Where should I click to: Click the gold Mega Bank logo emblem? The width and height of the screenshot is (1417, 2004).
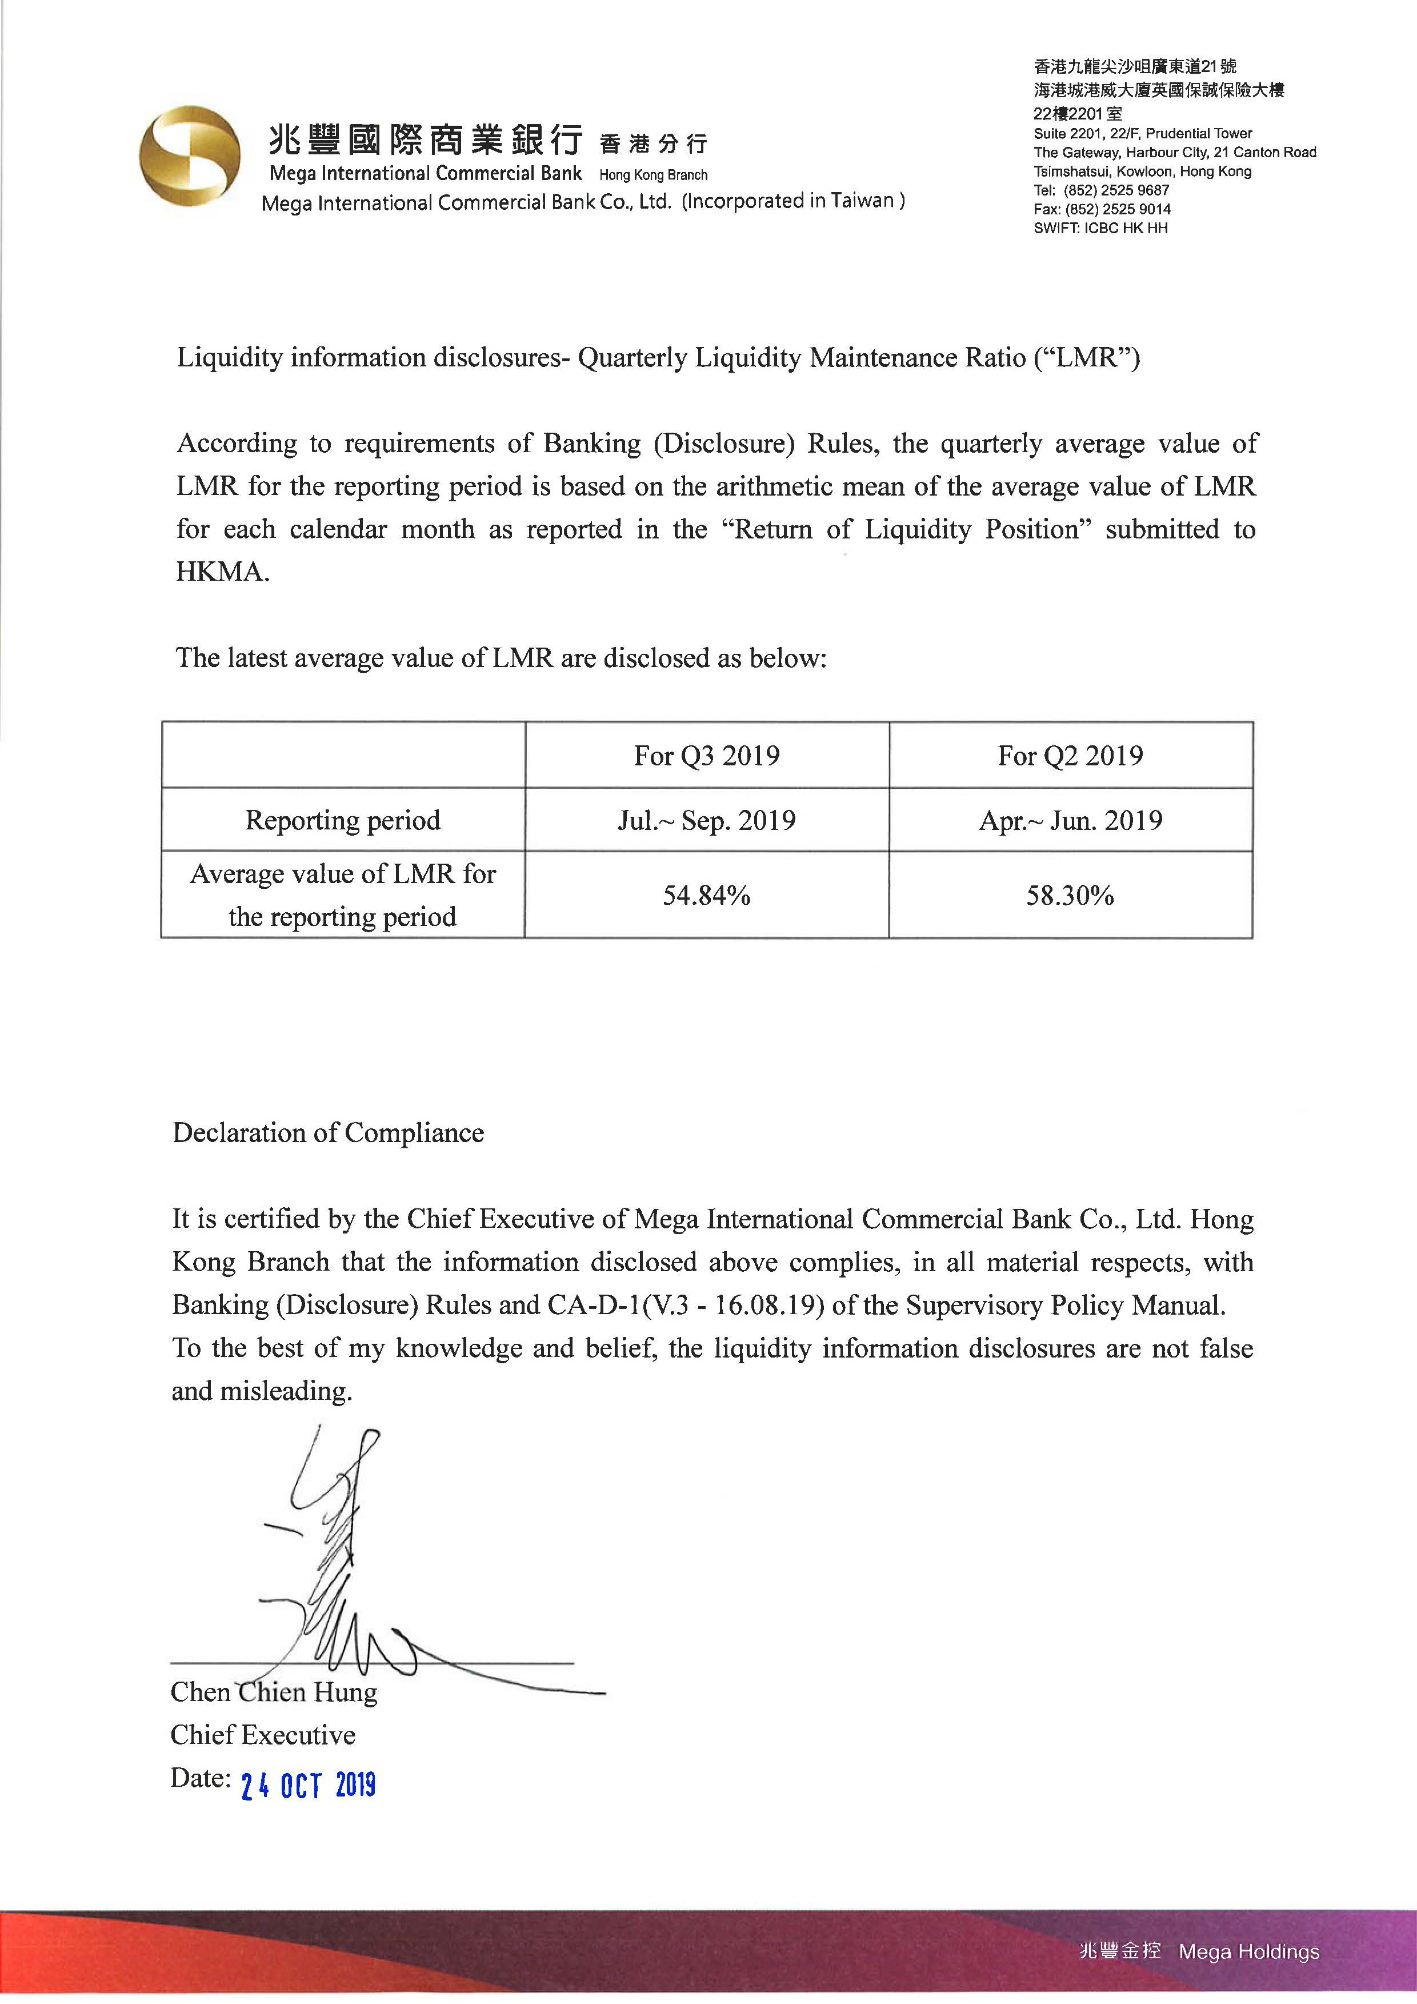point(190,157)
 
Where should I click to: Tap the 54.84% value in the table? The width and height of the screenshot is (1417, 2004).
point(707,896)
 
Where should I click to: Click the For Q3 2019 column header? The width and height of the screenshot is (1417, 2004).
point(707,755)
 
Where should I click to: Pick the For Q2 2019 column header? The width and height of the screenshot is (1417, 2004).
point(1071,755)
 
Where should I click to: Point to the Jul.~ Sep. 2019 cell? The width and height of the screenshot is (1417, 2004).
point(707,820)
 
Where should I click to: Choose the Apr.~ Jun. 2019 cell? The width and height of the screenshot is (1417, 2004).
point(1071,820)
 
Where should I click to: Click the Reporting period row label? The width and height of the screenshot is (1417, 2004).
point(343,820)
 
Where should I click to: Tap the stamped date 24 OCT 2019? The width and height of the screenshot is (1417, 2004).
point(308,1786)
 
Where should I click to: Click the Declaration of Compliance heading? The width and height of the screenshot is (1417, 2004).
point(328,1132)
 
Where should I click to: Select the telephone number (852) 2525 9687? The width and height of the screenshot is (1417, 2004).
point(1117,190)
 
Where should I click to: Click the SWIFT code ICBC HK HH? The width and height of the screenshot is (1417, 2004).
point(1126,228)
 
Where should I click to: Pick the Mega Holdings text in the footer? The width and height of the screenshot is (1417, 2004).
point(1248,1951)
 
